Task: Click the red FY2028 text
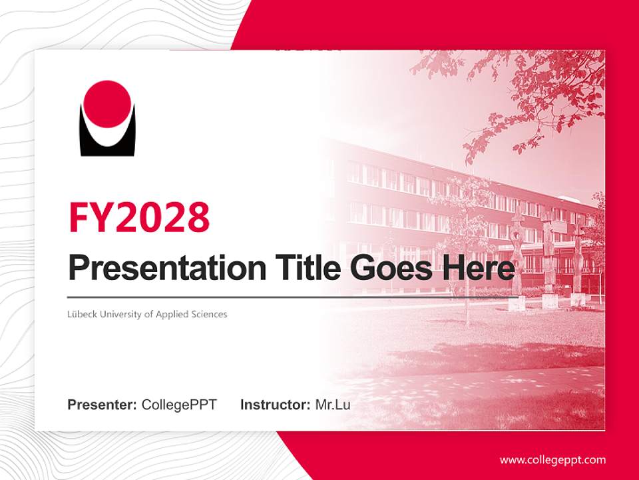pyautogui.click(x=139, y=217)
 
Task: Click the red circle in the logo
pyautogui.click(x=108, y=103)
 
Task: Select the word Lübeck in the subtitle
pyautogui.click(x=81, y=314)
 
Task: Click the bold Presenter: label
pyautogui.click(x=103, y=405)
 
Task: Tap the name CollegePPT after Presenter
pyautogui.click(x=179, y=405)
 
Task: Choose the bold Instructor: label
pyautogui.click(x=275, y=405)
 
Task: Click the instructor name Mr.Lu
pyautogui.click(x=333, y=405)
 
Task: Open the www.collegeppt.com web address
pyautogui.click(x=552, y=460)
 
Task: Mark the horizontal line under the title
pyautogui.click(x=293, y=297)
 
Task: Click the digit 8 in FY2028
pyautogui.click(x=197, y=217)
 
